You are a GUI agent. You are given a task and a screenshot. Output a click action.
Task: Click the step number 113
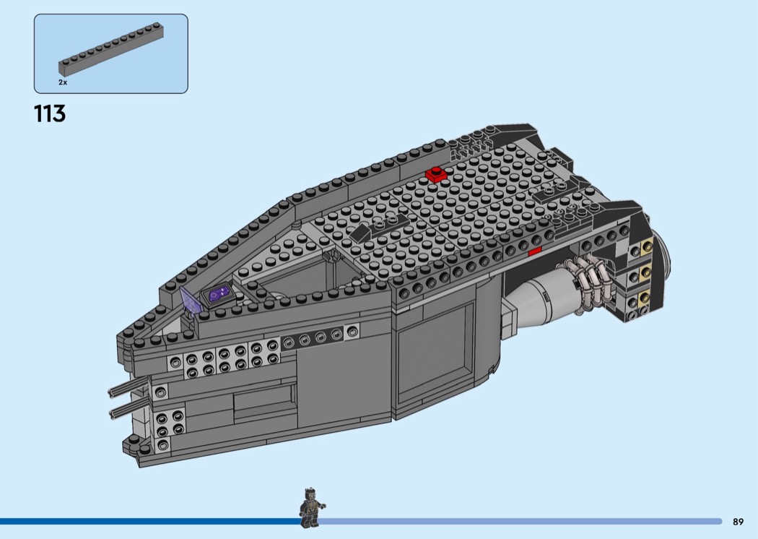coord(50,113)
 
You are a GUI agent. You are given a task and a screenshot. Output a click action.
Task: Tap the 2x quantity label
coord(63,83)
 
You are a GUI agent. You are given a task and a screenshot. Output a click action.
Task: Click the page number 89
coord(738,522)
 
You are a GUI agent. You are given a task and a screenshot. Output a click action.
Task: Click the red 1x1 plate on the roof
coord(437,175)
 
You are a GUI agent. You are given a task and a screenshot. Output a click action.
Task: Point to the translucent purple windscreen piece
coord(189,301)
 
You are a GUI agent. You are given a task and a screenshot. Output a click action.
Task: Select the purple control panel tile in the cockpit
coord(217,294)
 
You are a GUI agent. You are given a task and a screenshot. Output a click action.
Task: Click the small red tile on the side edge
coord(535,251)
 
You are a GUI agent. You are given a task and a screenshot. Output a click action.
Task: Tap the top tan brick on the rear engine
coord(645,249)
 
